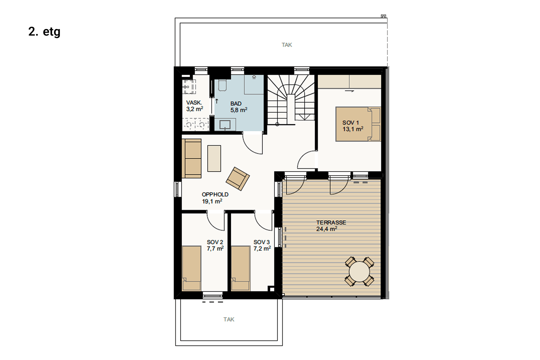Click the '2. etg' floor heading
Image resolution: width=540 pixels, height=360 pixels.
pos(44,32)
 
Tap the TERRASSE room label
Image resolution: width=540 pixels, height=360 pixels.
pos(331,222)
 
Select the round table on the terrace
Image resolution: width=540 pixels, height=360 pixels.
pos(359,272)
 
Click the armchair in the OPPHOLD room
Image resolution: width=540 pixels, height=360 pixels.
pos(238,179)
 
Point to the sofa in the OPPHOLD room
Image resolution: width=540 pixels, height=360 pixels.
pos(191,158)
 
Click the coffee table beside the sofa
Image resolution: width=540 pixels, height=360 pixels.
pos(214,158)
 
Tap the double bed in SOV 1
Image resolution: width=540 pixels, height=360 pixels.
pos(358,124)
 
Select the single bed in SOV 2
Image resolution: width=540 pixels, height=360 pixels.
pos(191,268)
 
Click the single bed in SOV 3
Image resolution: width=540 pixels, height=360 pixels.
pos(240,268)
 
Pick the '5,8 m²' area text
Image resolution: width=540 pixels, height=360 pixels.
pos(239,110)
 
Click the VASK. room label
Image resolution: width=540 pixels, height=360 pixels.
pos(194,103)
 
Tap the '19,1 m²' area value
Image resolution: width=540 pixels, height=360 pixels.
pos(212,201)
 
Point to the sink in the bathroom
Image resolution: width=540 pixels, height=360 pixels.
pos(225,125)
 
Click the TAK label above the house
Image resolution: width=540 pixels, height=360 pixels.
pos(287,45)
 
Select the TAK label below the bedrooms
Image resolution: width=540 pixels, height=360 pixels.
pos(229,319)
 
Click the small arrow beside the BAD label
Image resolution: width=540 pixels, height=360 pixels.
pos(216,101)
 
